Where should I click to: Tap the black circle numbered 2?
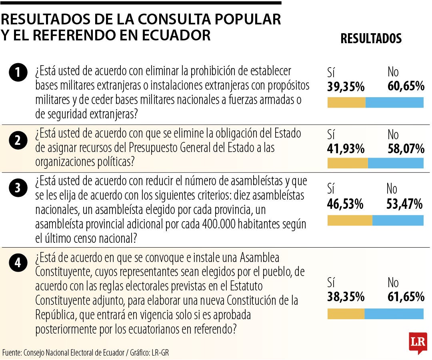(18, 140)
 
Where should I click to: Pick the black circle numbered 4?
(18, 262)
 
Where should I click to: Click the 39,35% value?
(346, 86)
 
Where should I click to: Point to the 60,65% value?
(406, 86)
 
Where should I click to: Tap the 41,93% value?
(346, 149)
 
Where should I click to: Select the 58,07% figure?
(406, 149)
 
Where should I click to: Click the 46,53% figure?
(345, 204)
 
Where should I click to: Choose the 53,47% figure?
(404, 204)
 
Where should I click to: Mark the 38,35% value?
(346, 297)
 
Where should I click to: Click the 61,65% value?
(406, 297)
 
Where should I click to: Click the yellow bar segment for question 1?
(346, 103)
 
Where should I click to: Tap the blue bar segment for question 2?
(396, 163)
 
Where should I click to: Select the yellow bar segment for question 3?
(350, 220)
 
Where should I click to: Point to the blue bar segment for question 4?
(394, 314)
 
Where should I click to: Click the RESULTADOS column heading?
(371, 38)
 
